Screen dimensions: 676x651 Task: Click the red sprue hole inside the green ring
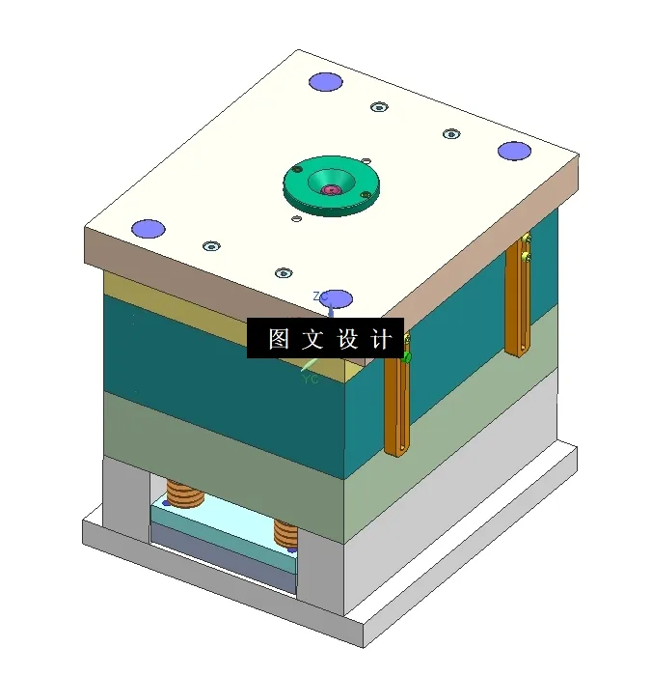click(x=331, y=189)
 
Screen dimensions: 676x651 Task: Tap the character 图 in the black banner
click(x=279, y=339)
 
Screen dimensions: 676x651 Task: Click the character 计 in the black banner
click(x=382, y=339)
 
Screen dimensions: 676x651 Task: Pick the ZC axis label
click(x=320, y=296)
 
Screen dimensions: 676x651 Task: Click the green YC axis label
click(x=311, y=380)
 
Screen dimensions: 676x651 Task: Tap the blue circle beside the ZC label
click(x=338, y=297)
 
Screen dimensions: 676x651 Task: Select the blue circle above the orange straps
click(x=514, y=151)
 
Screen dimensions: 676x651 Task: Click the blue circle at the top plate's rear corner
click(x=326, y=81)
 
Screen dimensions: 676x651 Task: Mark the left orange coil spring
click(x=185, y=493)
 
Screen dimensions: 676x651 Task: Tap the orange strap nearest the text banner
click(x=396, y=401)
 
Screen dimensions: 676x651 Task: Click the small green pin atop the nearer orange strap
click(x=407, y=357)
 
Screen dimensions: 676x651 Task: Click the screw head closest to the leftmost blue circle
click(x=210, y=246)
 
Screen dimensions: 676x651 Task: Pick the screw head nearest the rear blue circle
click(x=378, y=107)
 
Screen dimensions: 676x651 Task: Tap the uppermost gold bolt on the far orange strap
click(x=526, y=239)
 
